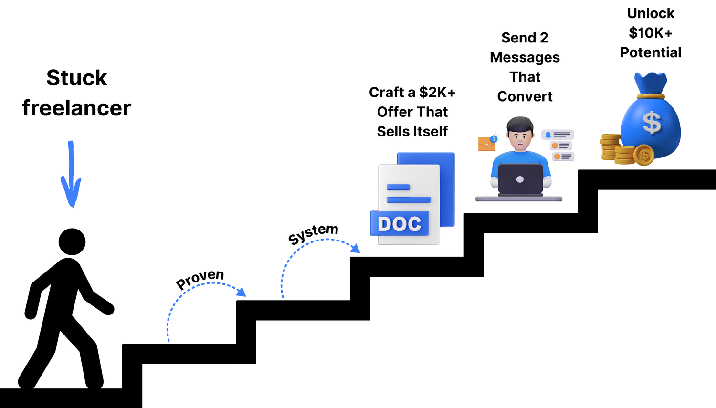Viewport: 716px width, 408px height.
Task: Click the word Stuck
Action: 77,78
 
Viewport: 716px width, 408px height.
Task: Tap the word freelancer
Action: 77,108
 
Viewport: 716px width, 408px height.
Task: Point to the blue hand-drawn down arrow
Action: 71,174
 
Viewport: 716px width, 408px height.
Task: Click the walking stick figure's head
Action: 72,241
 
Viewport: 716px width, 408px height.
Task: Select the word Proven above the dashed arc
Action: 200,279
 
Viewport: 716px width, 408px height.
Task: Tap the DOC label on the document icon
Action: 400,224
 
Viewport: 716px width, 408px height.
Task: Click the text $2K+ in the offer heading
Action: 437,92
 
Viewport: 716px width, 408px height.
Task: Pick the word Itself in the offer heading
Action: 430,132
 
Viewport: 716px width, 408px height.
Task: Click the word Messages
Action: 525,58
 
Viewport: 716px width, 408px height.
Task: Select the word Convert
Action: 525,96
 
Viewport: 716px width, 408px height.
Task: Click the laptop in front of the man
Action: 520,179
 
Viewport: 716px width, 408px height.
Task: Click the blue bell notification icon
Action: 548,135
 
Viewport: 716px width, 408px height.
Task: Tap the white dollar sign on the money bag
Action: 652,122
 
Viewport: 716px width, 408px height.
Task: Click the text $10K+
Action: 651,33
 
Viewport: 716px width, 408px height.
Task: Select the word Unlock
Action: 651,13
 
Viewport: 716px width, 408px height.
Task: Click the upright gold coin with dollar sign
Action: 644,155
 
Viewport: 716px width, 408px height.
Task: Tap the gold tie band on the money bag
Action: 651,96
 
